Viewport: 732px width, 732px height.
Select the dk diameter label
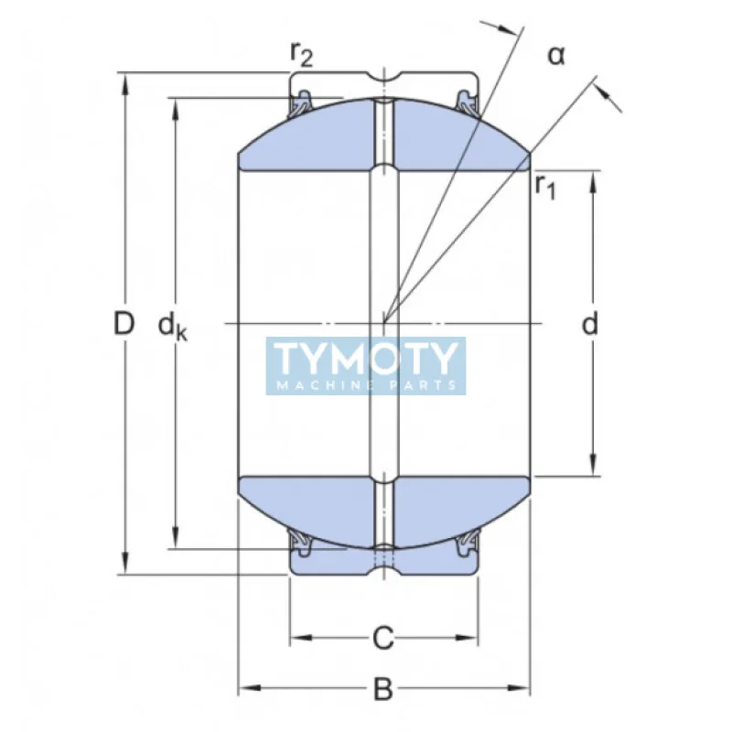point(172,325)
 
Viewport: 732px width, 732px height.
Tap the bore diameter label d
point(591,323)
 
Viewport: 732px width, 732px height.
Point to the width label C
point(384,637)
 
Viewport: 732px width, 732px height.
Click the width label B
point(384,689)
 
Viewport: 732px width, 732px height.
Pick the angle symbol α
point(556,56)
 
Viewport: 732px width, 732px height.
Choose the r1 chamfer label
point(545,188)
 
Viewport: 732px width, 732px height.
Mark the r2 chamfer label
point(301,55)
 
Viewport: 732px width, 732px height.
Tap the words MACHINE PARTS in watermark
point(366,385)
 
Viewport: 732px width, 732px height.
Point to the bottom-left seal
point(301,544)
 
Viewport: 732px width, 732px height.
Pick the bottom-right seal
point(468,544)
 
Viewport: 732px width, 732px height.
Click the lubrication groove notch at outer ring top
point(384,74)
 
